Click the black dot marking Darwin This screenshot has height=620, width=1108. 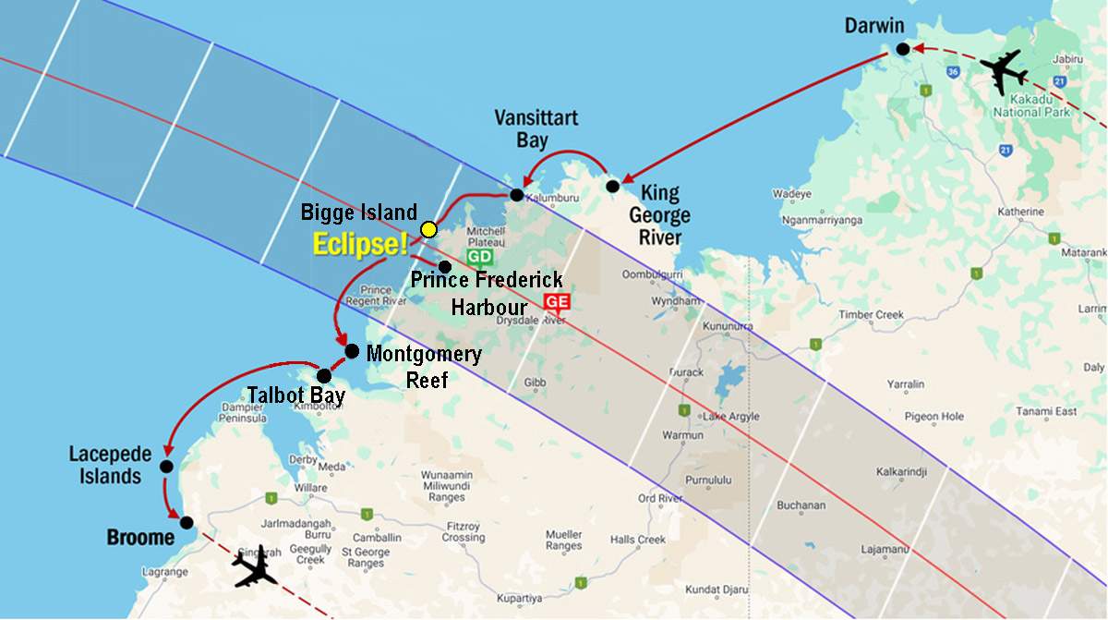[902, 49]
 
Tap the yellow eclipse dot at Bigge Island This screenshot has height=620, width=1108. [428, 229]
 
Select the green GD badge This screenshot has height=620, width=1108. [478, 256]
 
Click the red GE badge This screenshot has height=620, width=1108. [557, 300]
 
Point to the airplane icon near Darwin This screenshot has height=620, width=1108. [1003, 70]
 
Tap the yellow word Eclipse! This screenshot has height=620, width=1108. [360, 245]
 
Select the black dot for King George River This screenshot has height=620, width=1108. [612, 187]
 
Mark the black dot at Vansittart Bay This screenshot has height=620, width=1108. [517, 194]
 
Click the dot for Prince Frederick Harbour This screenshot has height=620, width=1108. [444, 266]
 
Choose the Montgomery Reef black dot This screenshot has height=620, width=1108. [352, 351]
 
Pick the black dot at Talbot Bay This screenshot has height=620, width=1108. [324, 376]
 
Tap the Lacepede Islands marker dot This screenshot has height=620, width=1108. [166, 467]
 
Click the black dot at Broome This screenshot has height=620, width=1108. [187, 523]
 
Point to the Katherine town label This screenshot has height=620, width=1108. [1022, 213]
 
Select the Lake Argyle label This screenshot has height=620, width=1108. [729, 417]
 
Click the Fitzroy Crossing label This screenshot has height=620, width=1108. [463, 532]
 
